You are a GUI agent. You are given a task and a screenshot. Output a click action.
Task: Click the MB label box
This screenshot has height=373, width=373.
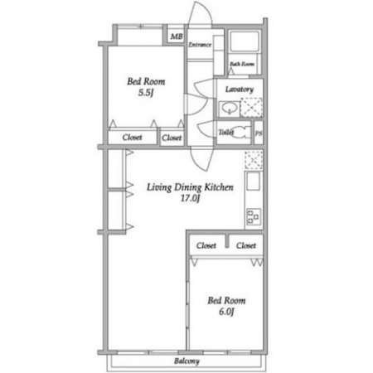(x=177, y=36)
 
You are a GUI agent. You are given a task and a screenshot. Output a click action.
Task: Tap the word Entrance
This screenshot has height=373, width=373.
(x=200, y=45)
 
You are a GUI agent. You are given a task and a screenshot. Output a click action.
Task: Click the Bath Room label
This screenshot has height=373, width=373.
(x=242, y=64)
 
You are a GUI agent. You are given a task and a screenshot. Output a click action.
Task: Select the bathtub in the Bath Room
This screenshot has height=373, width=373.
(x=245, y=41)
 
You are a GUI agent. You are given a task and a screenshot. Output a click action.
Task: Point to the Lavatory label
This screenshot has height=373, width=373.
(x=240, y=90)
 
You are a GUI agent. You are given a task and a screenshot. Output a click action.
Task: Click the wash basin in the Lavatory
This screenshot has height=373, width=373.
(x=229, y=108)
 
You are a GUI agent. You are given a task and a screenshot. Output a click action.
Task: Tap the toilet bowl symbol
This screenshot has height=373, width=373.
(x=243, y=133)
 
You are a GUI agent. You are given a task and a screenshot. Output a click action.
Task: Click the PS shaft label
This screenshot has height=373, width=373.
(x=259, y=133)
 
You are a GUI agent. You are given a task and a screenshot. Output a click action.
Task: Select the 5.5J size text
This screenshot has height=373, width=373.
(x=146, y=93)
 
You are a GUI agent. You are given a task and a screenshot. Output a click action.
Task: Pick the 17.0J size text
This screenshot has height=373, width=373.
(x=190, y=198)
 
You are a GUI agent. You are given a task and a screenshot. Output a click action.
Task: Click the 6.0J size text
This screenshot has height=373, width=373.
(x=226, y=312)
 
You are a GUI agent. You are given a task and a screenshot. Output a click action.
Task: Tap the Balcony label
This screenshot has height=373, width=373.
(x=186, y=361)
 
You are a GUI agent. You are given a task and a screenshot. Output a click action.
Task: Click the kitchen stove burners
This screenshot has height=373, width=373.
(x=254, y=216)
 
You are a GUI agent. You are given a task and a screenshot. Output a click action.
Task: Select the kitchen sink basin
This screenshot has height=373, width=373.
(x=253, y=182)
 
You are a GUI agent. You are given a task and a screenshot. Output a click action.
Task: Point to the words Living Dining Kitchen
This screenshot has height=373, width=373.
(x=190, y=187)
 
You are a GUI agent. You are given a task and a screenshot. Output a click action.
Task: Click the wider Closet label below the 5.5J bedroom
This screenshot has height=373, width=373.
(x=132, y=138)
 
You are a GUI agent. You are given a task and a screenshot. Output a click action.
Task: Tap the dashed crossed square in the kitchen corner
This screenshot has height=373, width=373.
(x=254, y=160)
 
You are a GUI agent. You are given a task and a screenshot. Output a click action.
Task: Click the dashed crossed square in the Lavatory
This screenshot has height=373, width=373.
(x=251, y=107)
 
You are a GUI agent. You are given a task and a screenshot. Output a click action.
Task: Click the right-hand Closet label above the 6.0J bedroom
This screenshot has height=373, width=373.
(x=246, y=245)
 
